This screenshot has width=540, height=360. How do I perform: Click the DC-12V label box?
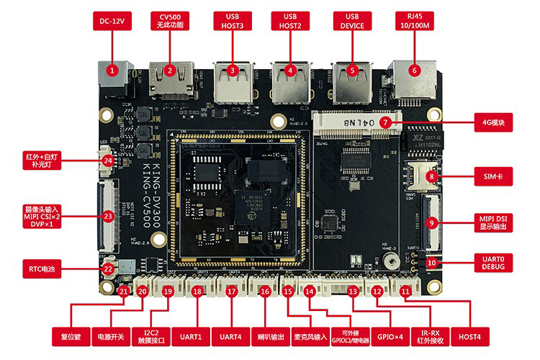[112, 21]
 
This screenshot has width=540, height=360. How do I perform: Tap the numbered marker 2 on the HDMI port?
[170, 71]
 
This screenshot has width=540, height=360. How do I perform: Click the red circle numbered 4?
[290, 71]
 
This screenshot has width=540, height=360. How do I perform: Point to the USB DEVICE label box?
[352, 21]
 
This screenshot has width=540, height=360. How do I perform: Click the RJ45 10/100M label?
[414, 21]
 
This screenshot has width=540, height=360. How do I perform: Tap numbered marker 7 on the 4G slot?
[386, 122]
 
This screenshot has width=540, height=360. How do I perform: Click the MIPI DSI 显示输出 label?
[494, 220]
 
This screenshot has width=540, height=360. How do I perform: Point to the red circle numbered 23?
[109, 215]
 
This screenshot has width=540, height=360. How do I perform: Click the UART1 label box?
[189, 336]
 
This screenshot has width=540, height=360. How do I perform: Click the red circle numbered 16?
[265, 292]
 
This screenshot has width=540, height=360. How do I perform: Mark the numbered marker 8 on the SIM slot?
[431, 176]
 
